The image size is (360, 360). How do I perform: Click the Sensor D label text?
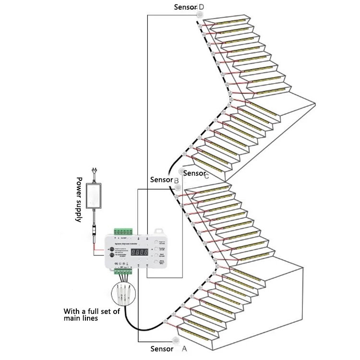click(189, 7)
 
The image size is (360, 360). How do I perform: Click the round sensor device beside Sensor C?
click(181, 170)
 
